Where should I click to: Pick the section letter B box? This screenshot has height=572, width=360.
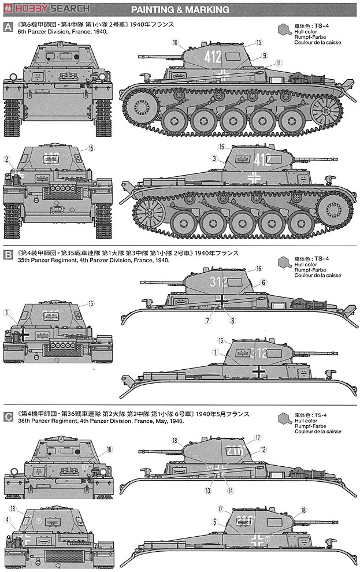click(8, 253)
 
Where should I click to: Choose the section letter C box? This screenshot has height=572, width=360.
click(8, 414)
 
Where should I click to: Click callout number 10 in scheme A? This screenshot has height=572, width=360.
click(175, 41)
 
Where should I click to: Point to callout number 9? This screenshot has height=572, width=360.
click(263, 55)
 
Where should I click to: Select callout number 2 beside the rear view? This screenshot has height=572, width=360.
click(6, 159)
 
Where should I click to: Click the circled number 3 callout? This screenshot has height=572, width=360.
click(214, 158)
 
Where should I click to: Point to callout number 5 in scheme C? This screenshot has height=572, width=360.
click(214, 521)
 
